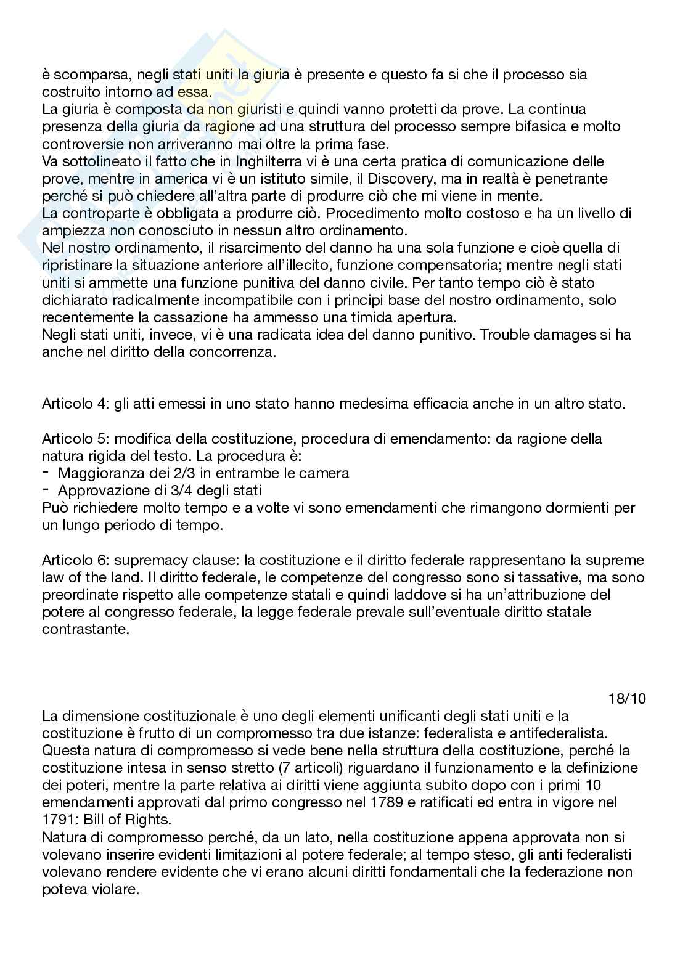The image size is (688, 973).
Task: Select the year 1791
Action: [57, 820]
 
